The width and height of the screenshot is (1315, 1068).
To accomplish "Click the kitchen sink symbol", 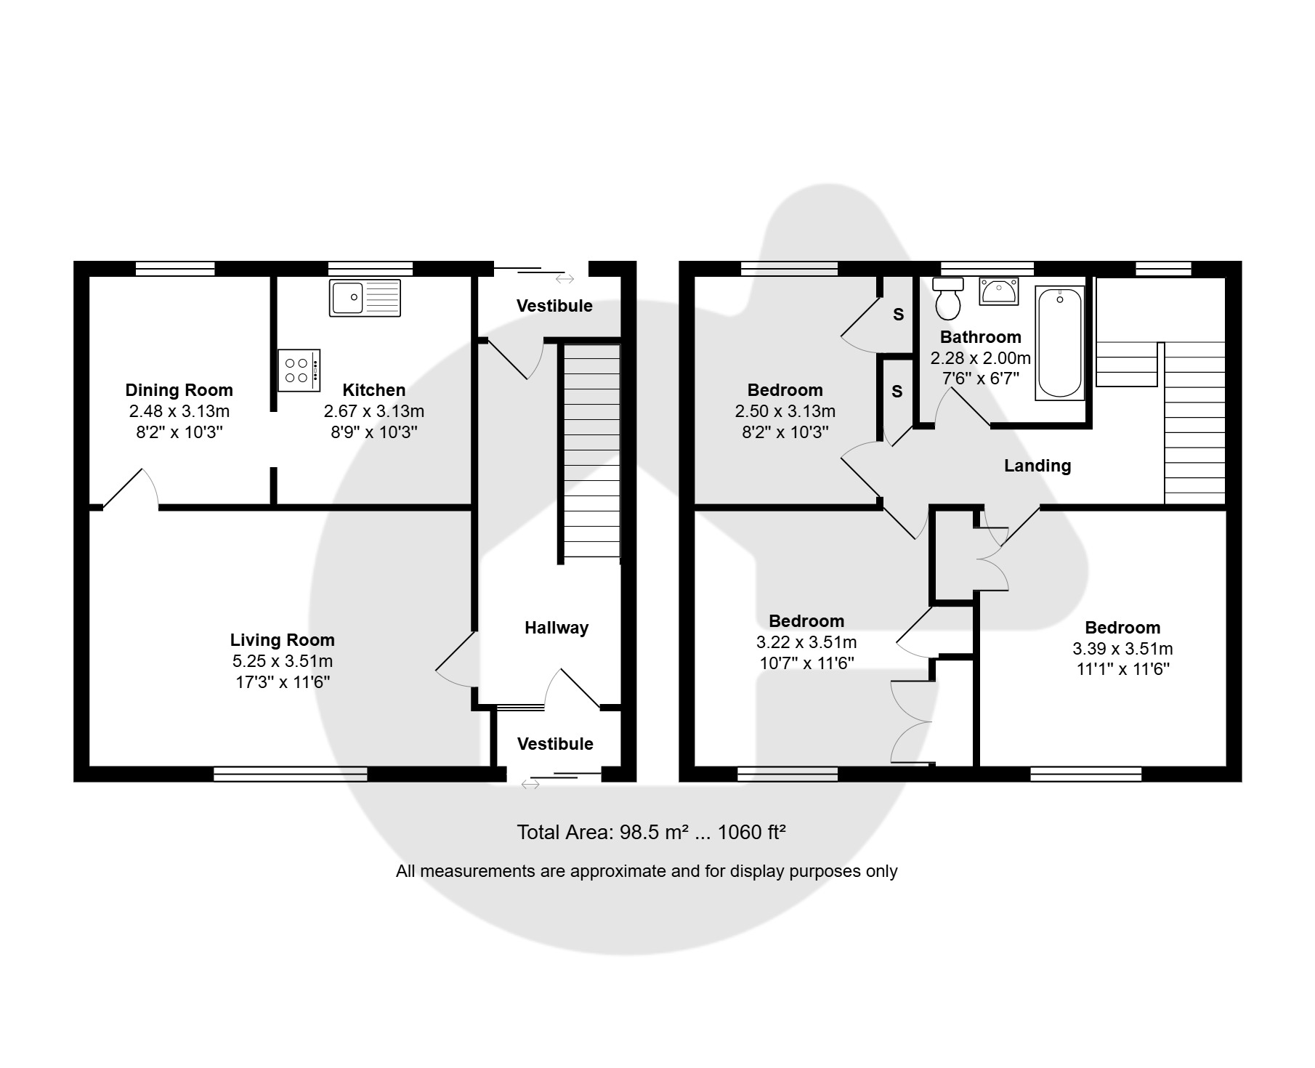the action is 365,298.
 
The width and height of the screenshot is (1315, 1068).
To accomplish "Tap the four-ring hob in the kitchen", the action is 299,371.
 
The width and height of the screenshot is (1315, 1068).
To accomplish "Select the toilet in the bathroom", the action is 947,299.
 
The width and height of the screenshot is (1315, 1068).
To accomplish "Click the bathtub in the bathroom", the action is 1060,343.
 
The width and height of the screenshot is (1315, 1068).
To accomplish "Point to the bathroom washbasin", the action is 999,291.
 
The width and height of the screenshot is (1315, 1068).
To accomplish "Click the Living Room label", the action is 283,640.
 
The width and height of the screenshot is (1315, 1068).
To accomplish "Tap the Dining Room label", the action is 179,390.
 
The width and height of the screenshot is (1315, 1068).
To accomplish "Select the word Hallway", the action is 557,628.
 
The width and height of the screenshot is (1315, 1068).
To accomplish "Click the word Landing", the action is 1037,466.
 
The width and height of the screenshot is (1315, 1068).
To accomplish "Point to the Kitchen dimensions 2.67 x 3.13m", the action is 374,411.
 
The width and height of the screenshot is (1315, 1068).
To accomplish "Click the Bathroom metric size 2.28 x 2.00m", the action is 981,358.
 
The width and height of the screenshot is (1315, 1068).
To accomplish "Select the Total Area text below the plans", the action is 652,832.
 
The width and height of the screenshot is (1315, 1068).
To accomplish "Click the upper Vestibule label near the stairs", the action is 554,306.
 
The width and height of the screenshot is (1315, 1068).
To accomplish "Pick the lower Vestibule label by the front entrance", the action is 555,744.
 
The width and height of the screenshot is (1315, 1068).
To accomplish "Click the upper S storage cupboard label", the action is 899,315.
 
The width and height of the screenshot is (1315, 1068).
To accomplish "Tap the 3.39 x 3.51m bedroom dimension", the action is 1122,649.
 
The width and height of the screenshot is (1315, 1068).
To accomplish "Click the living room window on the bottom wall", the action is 291,774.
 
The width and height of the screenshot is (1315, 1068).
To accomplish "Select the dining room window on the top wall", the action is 175,269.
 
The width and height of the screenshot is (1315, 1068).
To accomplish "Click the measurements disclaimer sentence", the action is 647,871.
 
